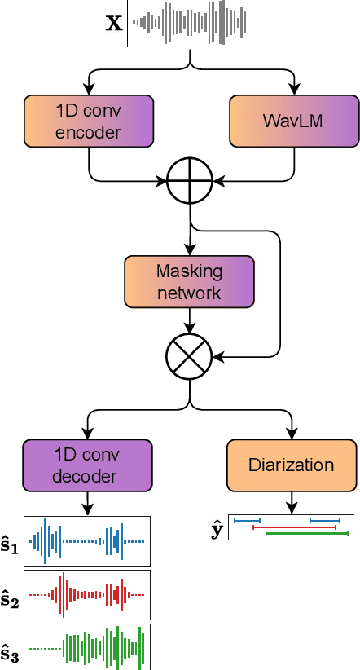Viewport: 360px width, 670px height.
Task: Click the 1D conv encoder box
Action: point(88,121)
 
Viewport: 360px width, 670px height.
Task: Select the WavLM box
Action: point(293,121)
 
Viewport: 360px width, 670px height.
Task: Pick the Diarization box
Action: point(291,465)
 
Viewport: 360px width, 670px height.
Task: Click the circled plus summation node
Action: point(190,177)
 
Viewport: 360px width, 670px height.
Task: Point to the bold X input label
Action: point(114,23)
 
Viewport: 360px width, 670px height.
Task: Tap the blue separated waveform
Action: point(87,541)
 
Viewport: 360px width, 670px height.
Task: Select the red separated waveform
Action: point(87,595)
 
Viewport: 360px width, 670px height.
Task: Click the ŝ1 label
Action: point(11,542)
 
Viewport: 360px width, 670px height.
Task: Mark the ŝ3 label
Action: point(11,650)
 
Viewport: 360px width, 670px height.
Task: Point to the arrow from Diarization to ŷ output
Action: point(291,503)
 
